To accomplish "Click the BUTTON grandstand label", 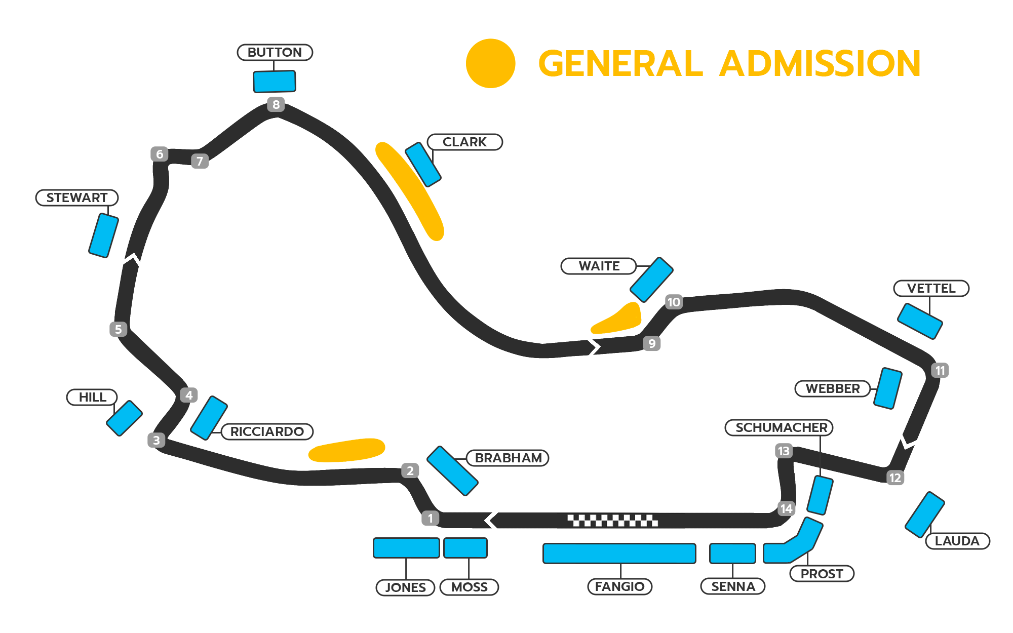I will click(275, 52).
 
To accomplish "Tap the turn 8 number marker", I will click(276, 105).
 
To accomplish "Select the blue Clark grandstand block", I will click(423, 165).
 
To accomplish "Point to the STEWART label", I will click(77, 197).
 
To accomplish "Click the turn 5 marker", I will click(118, 329).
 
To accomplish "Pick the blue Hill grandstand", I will click(124, 418).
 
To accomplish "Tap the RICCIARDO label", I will click(267, 431).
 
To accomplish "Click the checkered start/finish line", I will click(612, 520).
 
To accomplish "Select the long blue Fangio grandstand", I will click(619, 553).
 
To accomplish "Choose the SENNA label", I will click(733, 586).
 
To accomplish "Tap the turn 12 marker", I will click(895, 478).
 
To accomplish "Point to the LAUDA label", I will click(957, 541).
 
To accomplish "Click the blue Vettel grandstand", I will click(920, 321).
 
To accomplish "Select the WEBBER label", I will click(833, 388).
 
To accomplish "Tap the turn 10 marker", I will click(674, 302).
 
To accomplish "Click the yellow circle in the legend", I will click(490, 63).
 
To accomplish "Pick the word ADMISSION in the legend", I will click(820, 64).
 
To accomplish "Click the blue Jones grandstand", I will click(406, 548).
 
